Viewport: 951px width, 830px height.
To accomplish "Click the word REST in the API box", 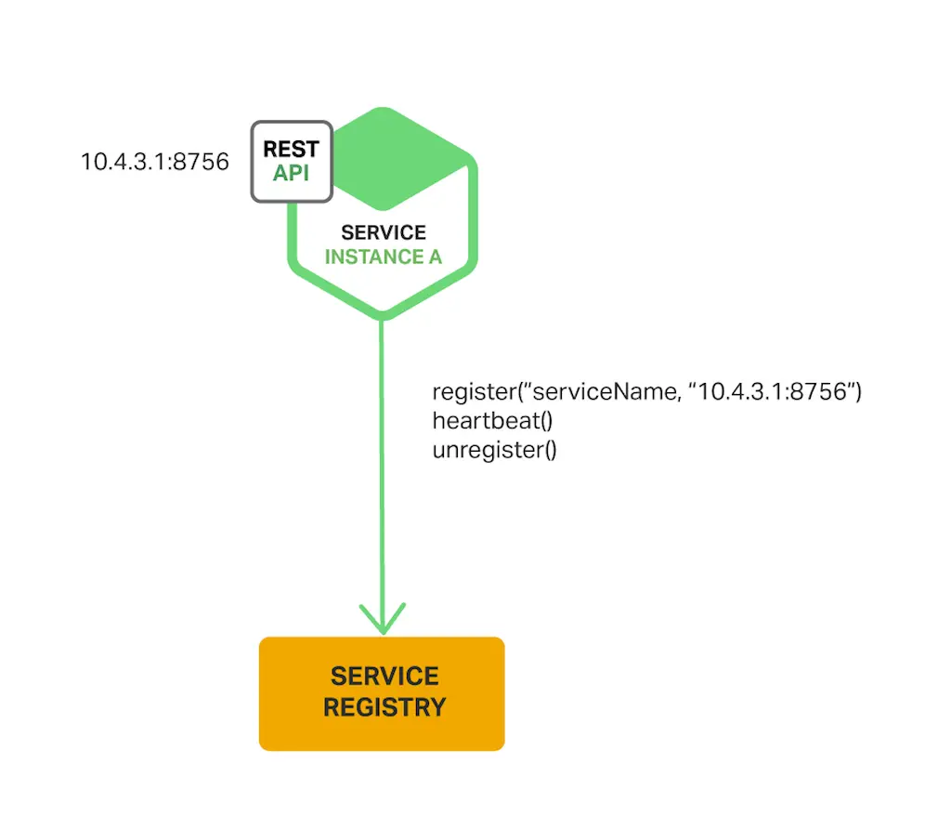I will click(291, 149).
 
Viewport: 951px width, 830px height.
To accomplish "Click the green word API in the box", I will click(291, 173).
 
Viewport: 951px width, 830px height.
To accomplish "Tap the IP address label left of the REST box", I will click(154, 162).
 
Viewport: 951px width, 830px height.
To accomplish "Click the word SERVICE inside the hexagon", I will click(384, 232).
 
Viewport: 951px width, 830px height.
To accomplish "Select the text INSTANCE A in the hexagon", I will click(383, 257).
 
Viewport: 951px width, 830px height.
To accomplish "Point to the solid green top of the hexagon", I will click(399, 158).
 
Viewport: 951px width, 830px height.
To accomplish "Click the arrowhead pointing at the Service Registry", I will click(383, 618).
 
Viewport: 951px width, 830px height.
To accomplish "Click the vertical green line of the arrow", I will click(382, 465).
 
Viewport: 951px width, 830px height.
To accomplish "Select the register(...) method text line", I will click(647, 392).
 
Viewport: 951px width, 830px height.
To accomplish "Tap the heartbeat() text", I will click(492, 421).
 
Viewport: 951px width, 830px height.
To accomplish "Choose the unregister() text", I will click(494, 451).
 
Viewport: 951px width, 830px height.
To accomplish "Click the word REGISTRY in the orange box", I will click(384, 707).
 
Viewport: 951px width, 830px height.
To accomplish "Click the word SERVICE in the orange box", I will click(384, 676).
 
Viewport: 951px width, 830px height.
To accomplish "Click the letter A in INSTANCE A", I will click(435, 257).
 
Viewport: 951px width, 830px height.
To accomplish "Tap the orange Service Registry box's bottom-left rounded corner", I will click(265, 744).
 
